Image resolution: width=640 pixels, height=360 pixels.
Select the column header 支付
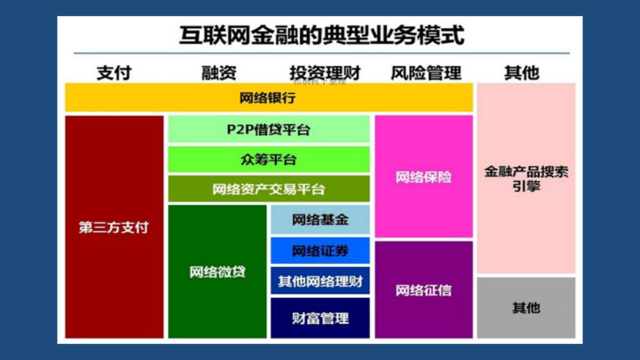pyautogui.click(x=114, y=73)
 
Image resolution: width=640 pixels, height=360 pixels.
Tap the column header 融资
pyautogui.click(x=219, y=73)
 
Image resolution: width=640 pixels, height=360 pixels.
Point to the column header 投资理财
pyautogui.click(x=325, y=73)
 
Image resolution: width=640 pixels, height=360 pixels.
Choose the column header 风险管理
pyautogui.click(x=426, y=73)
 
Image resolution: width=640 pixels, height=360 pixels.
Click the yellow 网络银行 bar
pyautogui.click(x=268, y=98)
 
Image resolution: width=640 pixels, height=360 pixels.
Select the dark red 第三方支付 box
pyautogui.click(x=114, y=227)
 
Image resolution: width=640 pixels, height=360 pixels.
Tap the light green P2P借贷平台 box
pyautogui.click(x=269, y=130)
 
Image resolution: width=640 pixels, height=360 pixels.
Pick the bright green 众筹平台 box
pyautogui.click(x=269, y=159)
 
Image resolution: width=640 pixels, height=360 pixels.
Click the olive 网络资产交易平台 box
pyautogui.click(x=269, y=189)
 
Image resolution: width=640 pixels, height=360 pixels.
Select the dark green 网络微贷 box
pyautogui.click(x=217, y=271)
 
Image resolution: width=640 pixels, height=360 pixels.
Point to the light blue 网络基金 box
pyautogui.click(x=320, y=220)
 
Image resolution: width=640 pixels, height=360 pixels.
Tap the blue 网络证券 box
pyautogui.click(x=320, y=251)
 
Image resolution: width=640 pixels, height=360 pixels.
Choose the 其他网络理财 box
pyautogui.click(x=320, y=281)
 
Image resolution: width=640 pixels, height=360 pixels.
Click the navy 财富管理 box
pyautogui.click(x=320, y=318)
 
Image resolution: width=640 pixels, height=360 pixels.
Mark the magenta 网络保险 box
pyautogui.click(x=423, y=177)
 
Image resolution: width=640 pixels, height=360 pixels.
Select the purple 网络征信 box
pyautogui.click(x=423, y=290)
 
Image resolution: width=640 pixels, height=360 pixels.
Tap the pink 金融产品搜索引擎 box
pyautogui.click(x=526, y=179)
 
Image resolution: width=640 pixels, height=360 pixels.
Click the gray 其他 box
pyautogui.click(x=526, y=308)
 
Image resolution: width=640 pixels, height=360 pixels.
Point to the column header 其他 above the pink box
pyautogui.click(x=521, y=73)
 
